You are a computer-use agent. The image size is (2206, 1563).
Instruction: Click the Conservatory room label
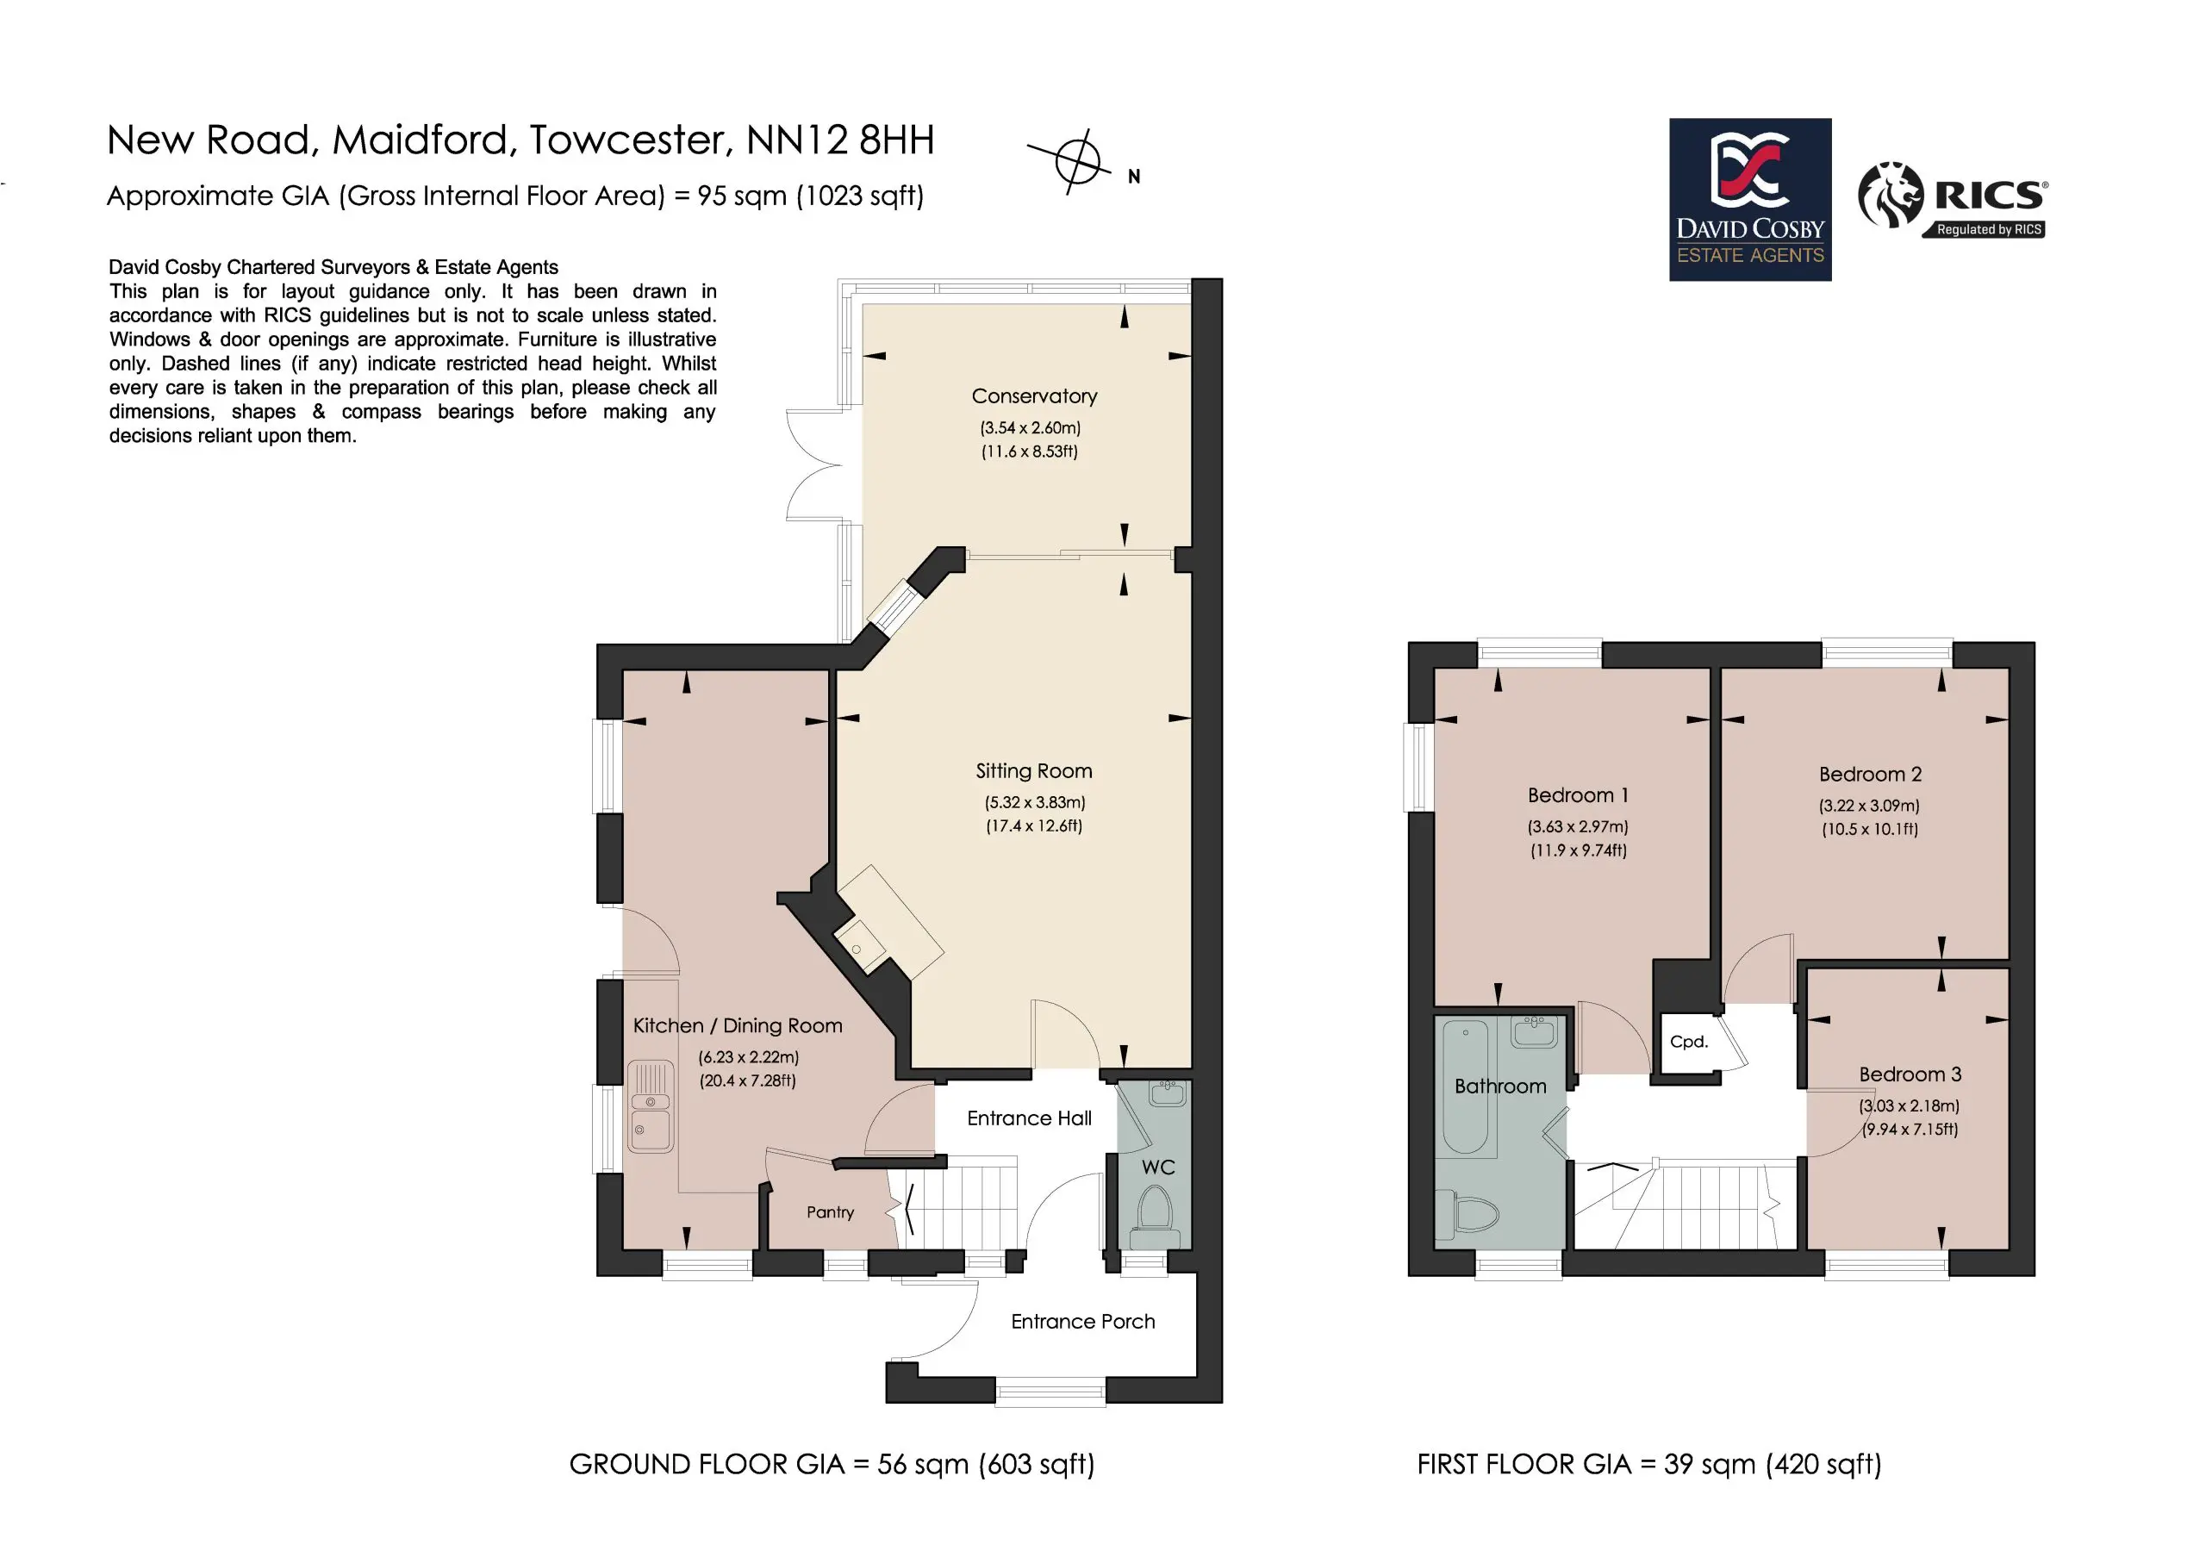coord(1034,395)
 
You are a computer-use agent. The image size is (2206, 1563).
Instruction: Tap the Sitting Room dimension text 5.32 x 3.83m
coord(1035,801)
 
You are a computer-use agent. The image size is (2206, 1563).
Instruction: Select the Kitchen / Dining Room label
coord(738,1025)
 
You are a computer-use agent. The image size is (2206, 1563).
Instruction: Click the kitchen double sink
coord(651,1105)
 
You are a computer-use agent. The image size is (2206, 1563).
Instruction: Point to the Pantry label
coord(830,1211)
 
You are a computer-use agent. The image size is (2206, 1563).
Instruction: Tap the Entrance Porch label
coord(1083,1322)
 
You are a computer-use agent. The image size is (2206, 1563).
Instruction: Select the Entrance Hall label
coord(1029,1118)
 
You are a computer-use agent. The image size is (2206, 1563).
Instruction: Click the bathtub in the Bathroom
coord(1466,1087)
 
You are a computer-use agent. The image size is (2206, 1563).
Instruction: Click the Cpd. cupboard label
coord(1688,1042)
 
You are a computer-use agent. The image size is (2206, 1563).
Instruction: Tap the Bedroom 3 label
coord(1910,1074)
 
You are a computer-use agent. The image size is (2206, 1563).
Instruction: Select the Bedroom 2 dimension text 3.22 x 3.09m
coord(1869,806)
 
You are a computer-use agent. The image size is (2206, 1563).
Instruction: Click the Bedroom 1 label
coord(1578,795)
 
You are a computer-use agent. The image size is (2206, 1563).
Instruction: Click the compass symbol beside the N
coord(1076,161)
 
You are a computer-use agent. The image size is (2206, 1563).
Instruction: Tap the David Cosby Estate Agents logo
coord(1750,199)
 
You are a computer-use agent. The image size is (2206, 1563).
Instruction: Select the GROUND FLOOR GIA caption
coord(832,1464)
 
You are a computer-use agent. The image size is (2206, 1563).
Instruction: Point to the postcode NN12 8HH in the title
coord(839,140)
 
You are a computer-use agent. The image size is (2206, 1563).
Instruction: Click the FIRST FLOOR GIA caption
coord(1648,1464)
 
